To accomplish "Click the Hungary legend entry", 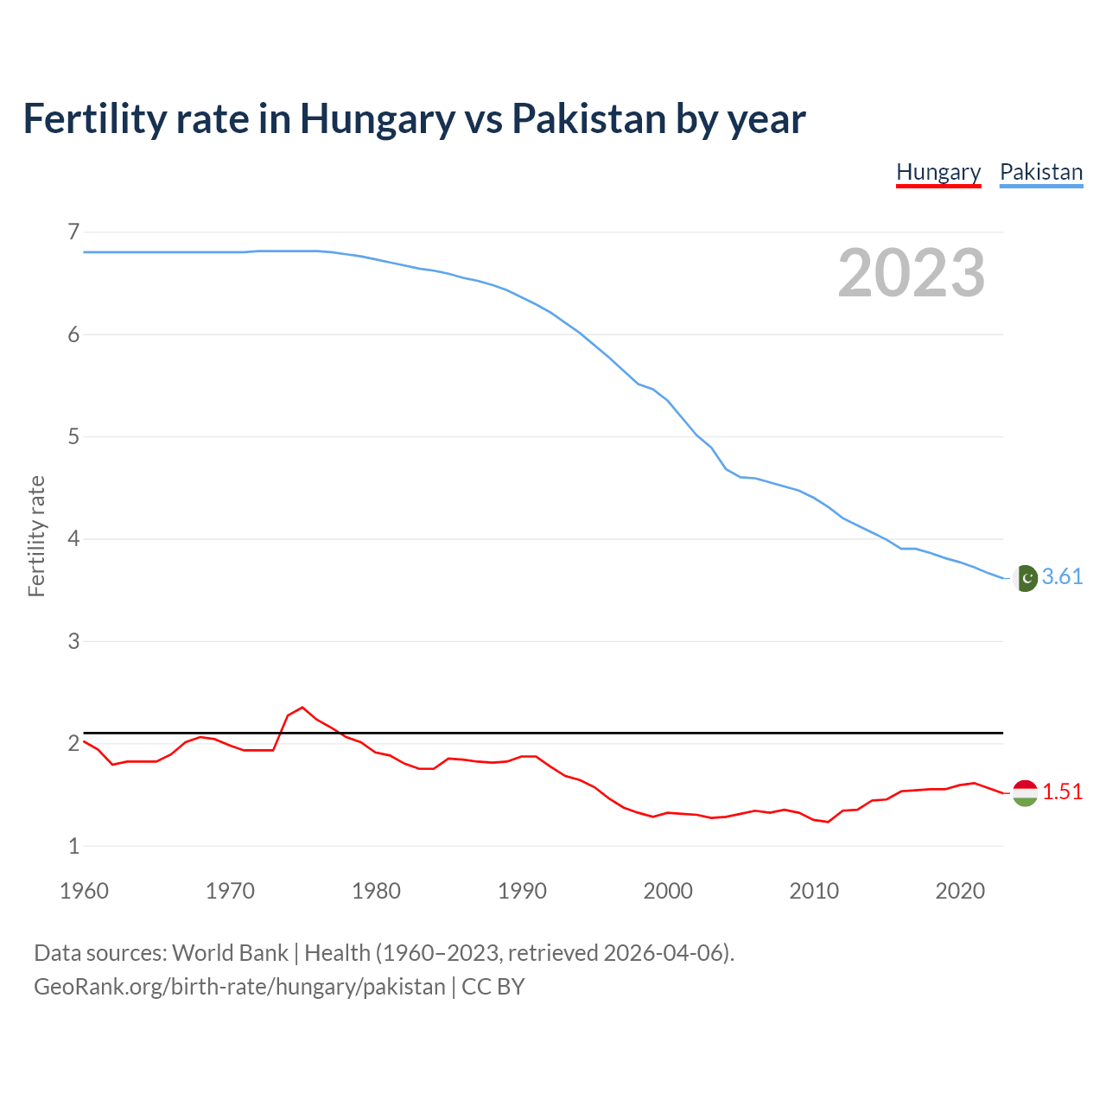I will [938, 172].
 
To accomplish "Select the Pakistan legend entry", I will [1040, 172].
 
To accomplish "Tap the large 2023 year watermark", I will [912, 273].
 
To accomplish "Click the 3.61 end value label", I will [1062, 576].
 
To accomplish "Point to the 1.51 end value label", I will [1062, 791].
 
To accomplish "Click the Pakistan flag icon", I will [1025, 578].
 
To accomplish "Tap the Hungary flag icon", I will [1025, 792].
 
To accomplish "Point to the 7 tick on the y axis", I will [73, 232].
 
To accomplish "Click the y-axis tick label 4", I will [73, 539].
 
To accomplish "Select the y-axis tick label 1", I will [73, 846].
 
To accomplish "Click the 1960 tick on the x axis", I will [84, 891].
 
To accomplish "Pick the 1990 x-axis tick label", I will [522, 891].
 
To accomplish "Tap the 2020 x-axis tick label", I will [960, 891].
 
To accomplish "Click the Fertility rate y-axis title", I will [36, 536].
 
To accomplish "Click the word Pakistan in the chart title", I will [589, 118].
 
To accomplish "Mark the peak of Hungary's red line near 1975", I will [302, 708].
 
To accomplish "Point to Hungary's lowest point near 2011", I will [828, 822].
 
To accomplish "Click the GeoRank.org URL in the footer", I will [239, 987].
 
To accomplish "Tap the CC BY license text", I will [493, 987].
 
